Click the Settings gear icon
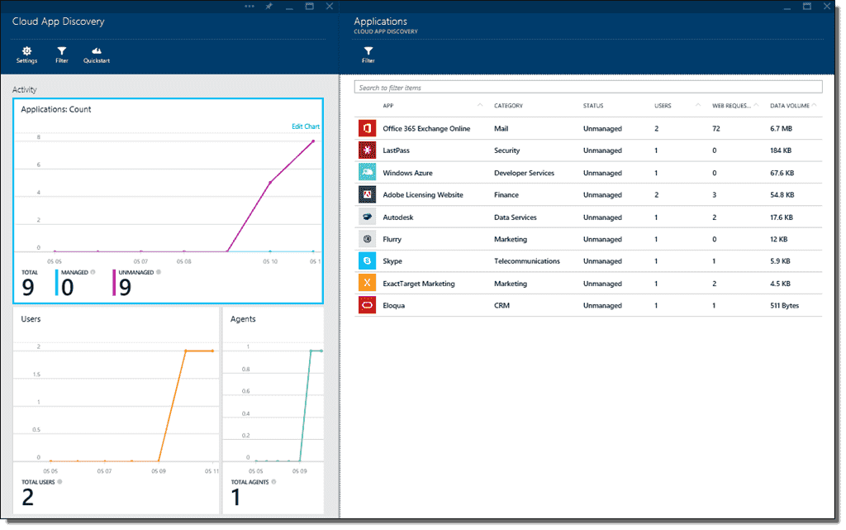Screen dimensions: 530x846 26,51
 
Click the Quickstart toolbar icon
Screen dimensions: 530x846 97,51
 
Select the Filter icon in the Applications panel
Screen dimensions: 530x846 368,51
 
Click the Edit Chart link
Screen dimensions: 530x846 305,127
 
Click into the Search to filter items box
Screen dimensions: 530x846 587,87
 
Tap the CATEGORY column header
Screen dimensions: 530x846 508,106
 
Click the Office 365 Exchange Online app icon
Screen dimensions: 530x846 368,129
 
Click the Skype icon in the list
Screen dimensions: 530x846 368,261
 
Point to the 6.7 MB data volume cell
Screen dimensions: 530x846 782,129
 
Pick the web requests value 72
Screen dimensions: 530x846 717,129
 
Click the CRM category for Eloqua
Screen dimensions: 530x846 501,306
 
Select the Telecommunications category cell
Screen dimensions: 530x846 526,261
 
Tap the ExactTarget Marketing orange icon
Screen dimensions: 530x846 368,284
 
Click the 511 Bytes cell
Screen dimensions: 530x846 784,306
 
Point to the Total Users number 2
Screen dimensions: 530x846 27,497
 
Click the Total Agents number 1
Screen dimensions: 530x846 235,497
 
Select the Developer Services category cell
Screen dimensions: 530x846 524,174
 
